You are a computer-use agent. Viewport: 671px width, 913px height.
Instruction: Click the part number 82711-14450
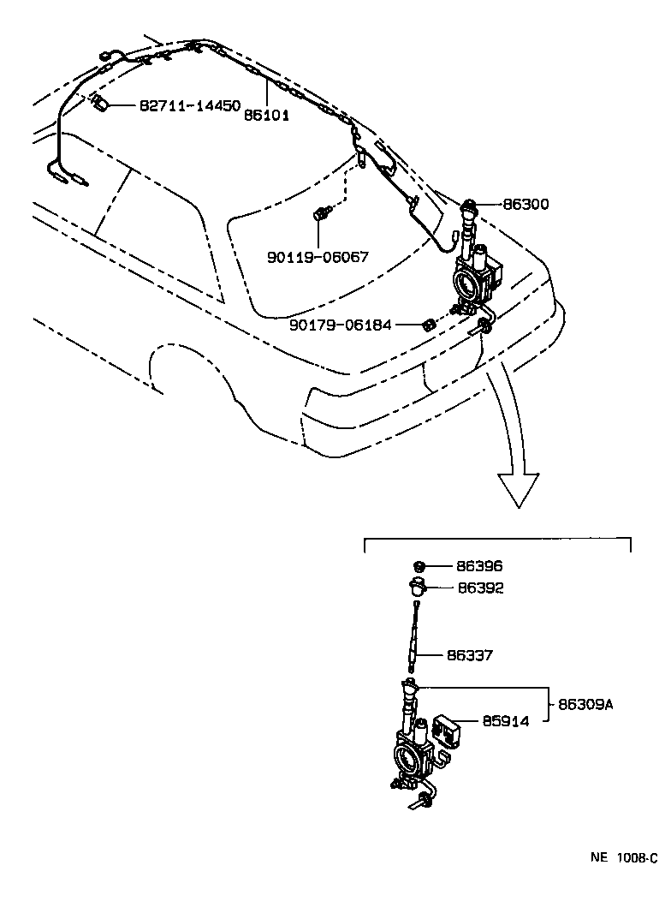pos(189,105)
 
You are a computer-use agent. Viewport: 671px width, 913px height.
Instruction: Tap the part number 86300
pos(526,205)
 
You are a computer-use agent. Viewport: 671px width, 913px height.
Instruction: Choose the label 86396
pos(479,566)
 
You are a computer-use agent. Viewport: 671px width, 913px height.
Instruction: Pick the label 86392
pos(480,588)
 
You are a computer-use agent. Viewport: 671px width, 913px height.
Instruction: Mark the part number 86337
pos(469,655)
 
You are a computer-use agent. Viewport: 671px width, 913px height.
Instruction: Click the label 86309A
pos(586,704)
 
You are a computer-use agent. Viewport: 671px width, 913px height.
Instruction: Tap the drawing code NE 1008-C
pos(622,857)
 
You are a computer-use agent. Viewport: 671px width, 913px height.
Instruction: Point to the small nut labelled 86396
pos(420,566)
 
